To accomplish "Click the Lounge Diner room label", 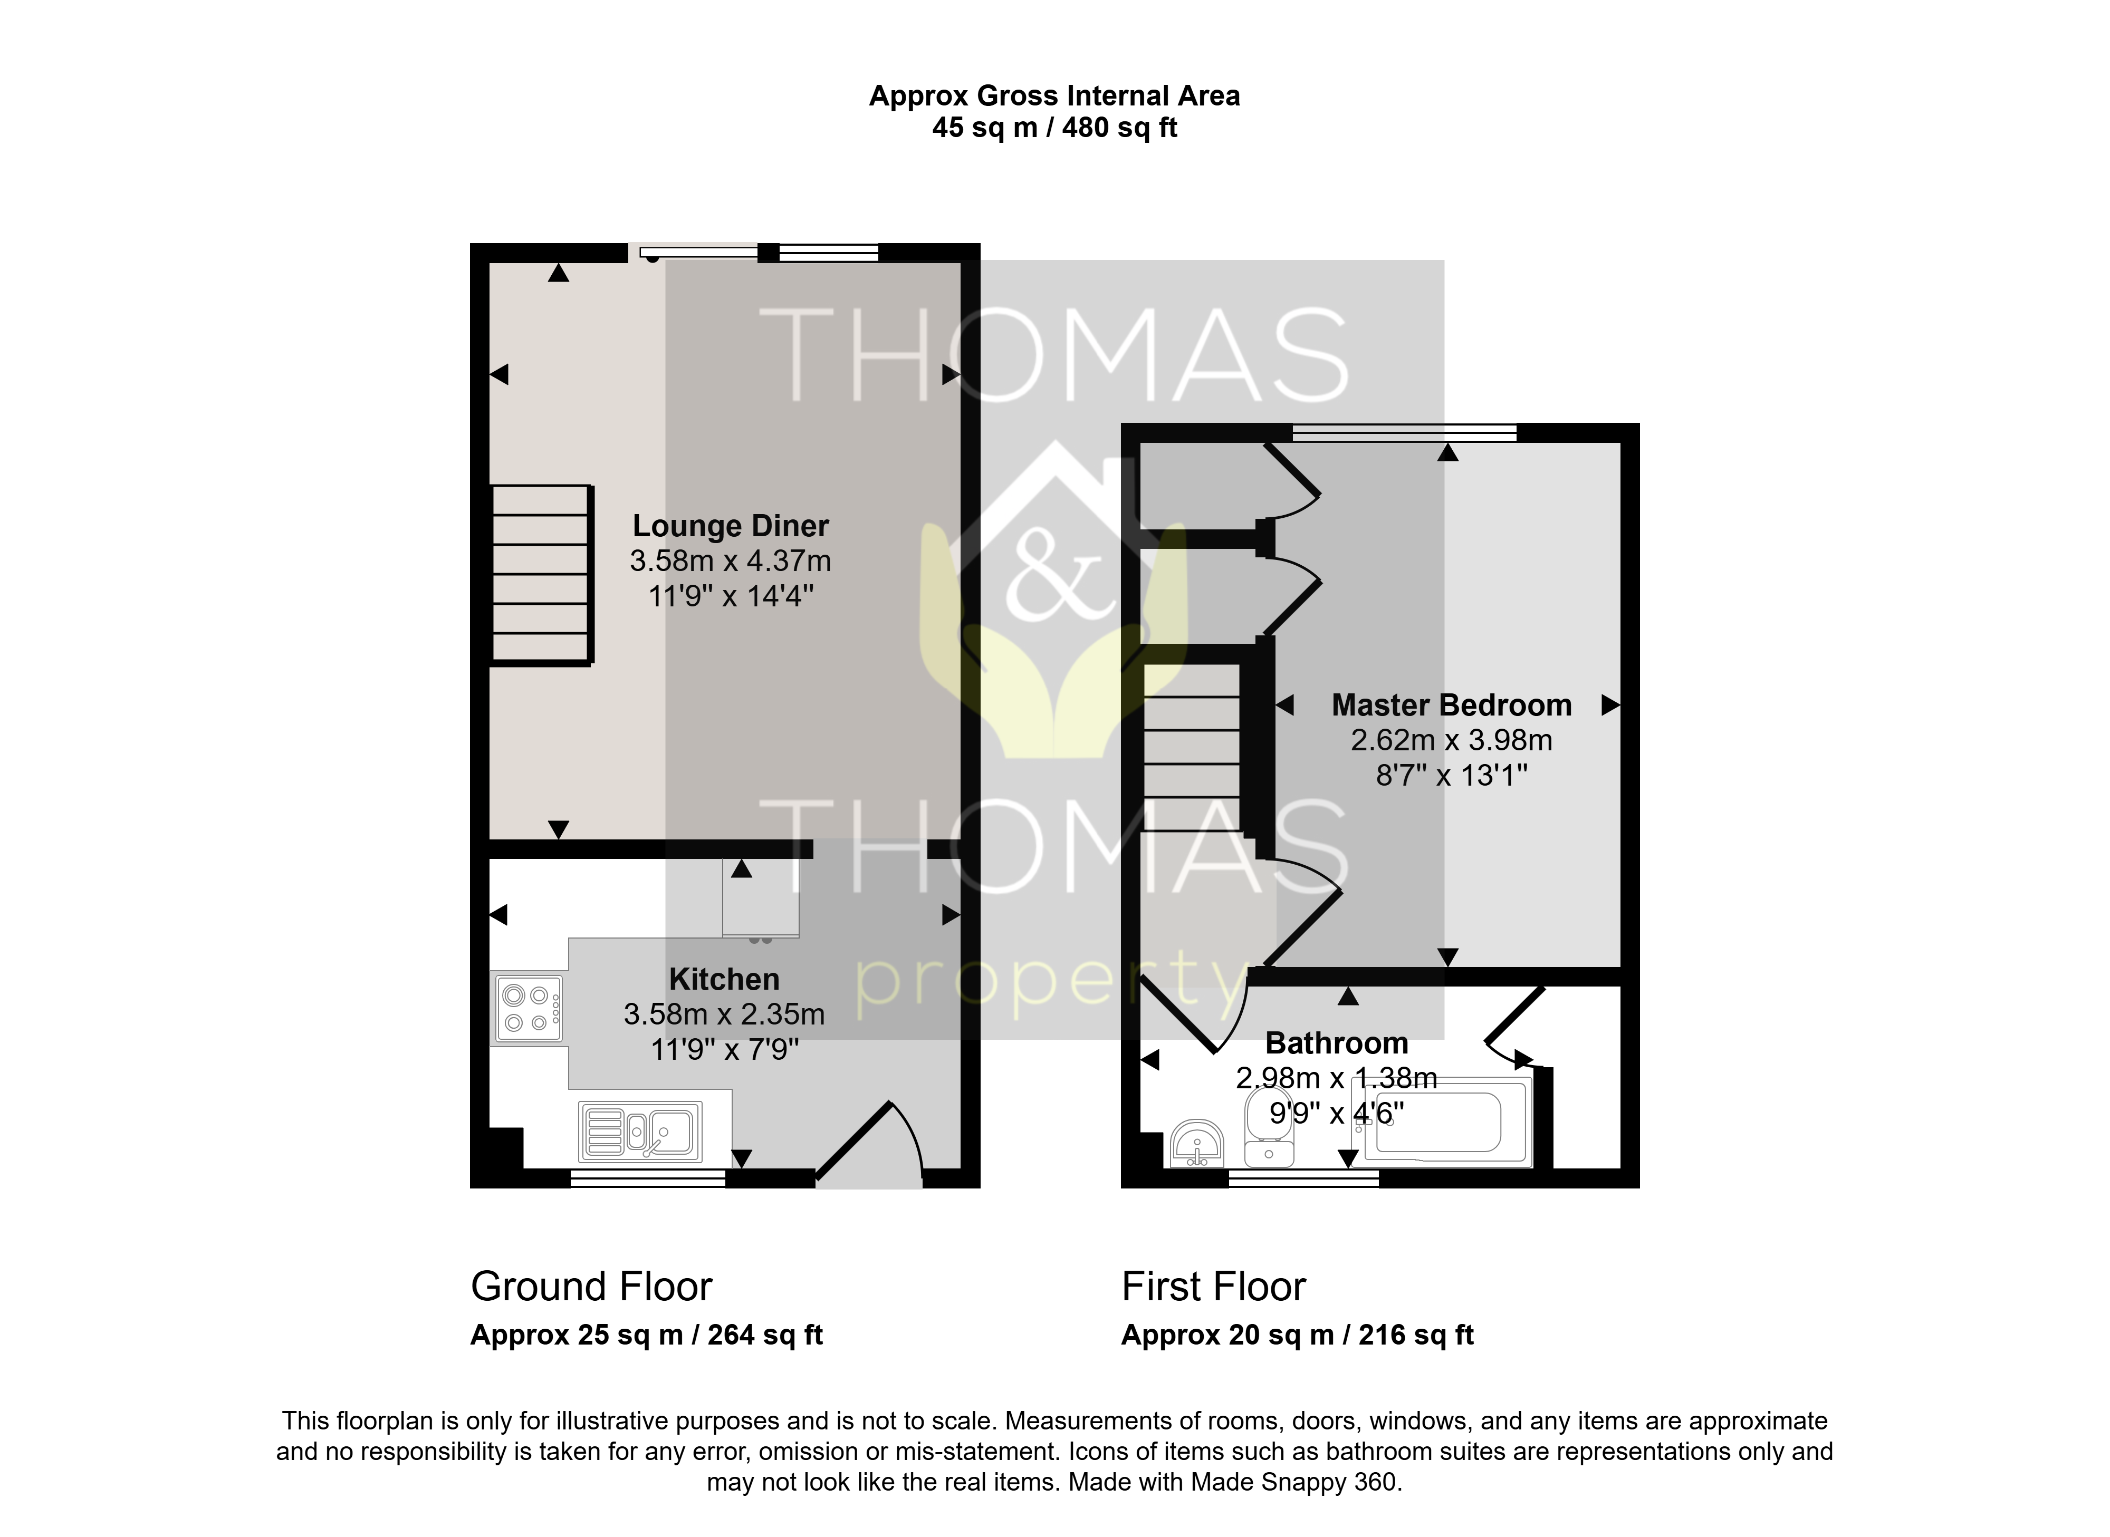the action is pyautogui.click(x=731, y=526).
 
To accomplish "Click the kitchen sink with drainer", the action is pyautogui.click(x=640, y=1132).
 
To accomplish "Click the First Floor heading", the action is pyautogui.click(x=1214, y=1287).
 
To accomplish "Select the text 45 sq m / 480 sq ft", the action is pyautogui.click(x=1054, y=128).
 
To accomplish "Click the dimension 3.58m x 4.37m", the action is pyautogui.click(x=731, y=561).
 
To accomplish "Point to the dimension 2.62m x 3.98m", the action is pyautogui.click(x=1451, y=741).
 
